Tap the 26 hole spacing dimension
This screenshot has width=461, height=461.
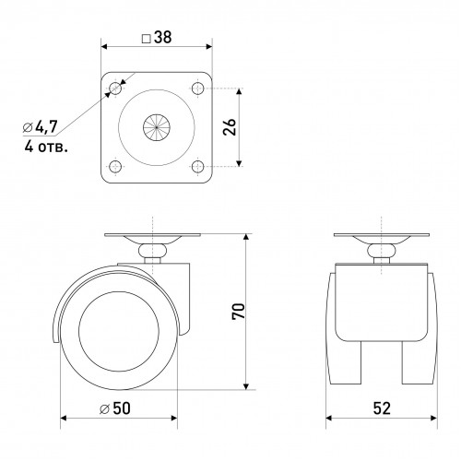(230, 127)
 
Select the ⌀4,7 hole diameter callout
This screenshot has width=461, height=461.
(41, 126)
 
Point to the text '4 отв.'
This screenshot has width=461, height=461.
(46, 148)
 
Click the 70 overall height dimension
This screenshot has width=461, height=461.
(239, 312)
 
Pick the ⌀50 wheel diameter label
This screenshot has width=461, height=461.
(115, 408)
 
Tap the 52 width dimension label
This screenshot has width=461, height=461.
(382, 408)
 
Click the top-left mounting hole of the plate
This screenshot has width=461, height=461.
(115, 89)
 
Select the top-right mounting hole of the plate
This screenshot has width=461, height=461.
(197, 89)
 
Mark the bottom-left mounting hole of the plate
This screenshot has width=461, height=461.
(115, 167)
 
